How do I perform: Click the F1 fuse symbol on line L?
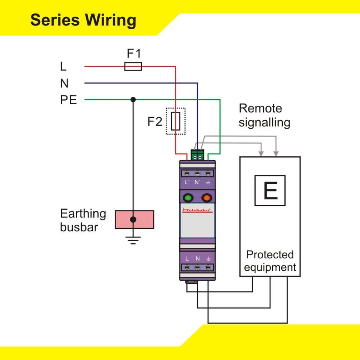[x=133, y=67]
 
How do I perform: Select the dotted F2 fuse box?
[x=175, y=121]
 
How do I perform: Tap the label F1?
[x=133, y=53]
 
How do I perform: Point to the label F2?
[x=154, y=121]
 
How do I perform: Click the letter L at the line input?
[x=63, y=67]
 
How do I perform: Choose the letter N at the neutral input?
[x=64, y=83]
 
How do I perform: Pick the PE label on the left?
[x=68, y=100]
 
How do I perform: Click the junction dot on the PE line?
[x=133, y=99]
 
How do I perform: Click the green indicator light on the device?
[x=187, y=198]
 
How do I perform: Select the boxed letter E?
[x=270, y=190]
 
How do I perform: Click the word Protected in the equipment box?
[x=270, y=255]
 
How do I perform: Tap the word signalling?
[x=264, y=123]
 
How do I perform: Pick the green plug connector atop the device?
[x=198, y=155]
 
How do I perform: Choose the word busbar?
[x=79, y=227]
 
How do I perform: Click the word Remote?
[x=260, y=109]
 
